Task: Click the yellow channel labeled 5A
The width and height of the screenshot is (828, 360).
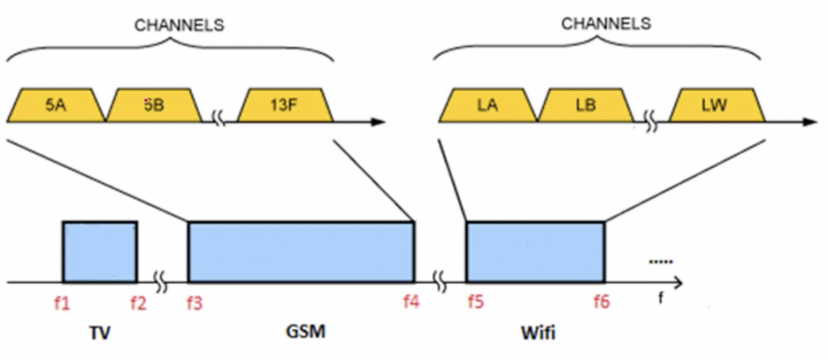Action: click(56, 105)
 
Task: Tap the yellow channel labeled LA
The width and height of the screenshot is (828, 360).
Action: click(487, 105)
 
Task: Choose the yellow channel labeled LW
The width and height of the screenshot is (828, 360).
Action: click(714, 105)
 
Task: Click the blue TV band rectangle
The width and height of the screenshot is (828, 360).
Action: click(99, 251)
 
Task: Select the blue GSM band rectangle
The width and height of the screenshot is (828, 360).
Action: click(301, 251)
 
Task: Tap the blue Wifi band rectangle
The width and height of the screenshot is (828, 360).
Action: click(535, 251)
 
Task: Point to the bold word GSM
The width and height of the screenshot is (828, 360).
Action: click(302, 332)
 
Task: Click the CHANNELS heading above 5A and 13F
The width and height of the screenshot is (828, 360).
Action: click(179, 25)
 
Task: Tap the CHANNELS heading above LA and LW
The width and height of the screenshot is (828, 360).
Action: click(606, 23)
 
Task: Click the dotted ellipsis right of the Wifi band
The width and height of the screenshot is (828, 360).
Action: click(661, 261)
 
